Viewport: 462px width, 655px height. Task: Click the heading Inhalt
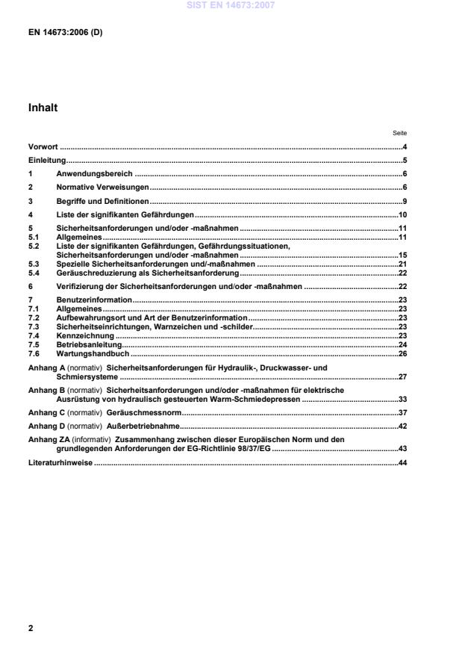(43, 108)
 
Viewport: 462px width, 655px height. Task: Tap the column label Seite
(399, 133)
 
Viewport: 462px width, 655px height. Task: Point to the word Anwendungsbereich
(95, 173)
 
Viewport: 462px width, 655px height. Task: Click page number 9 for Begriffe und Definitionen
(404, 201)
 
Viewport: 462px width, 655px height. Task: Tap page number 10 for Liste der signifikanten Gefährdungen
(402, 214)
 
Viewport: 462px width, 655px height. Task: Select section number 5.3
(34, 264)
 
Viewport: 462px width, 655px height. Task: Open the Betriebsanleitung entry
(88, 345)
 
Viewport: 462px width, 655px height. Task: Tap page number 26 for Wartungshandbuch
(402, 353)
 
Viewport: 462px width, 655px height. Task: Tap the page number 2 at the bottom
(31, 628)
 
